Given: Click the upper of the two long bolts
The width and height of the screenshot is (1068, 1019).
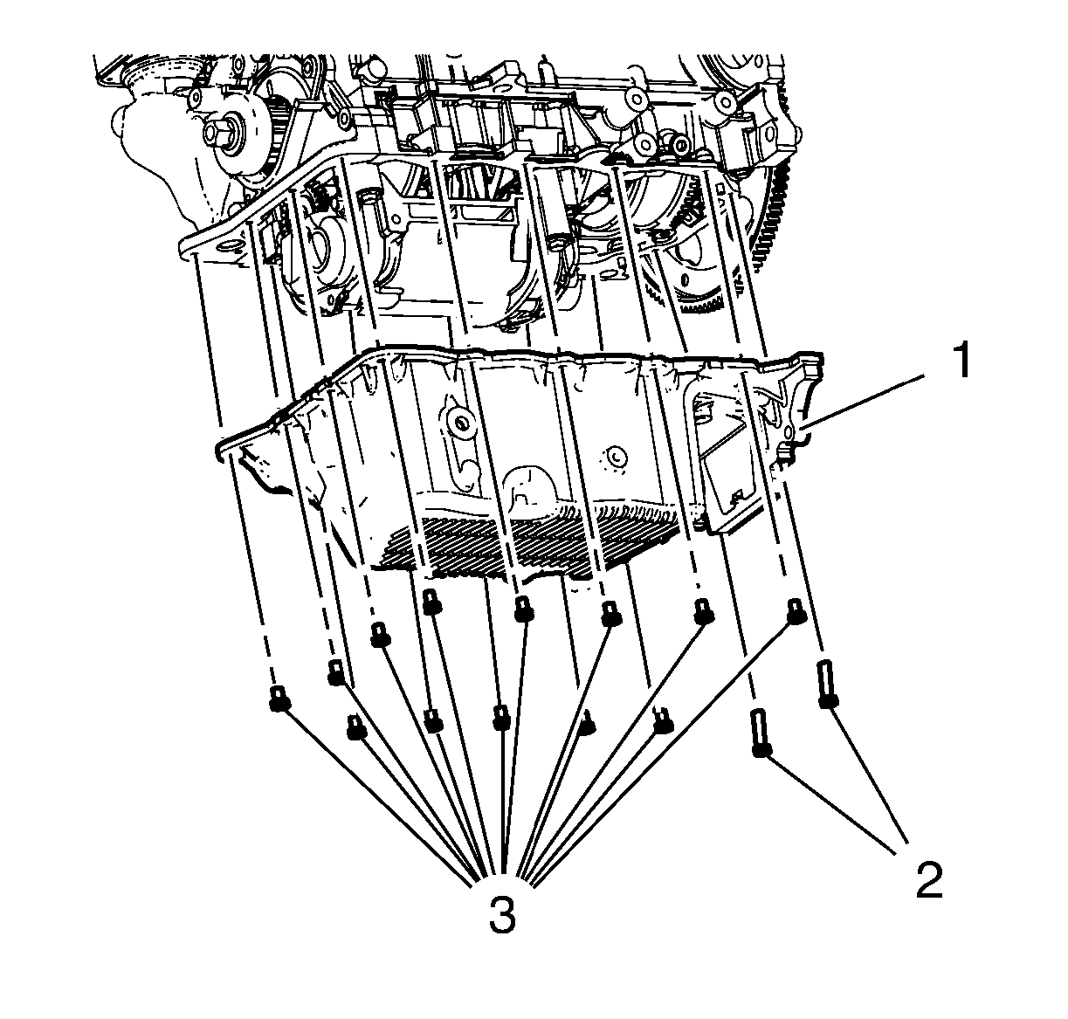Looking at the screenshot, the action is (826, 684).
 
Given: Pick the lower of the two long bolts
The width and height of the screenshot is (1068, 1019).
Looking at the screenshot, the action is (761, 733).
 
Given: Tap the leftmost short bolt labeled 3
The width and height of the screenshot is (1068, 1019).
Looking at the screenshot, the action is (279, 699).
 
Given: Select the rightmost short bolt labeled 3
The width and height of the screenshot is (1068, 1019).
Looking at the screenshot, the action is (796, 611).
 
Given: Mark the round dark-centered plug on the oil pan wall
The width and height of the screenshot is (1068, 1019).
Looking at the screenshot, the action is (461, 423).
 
